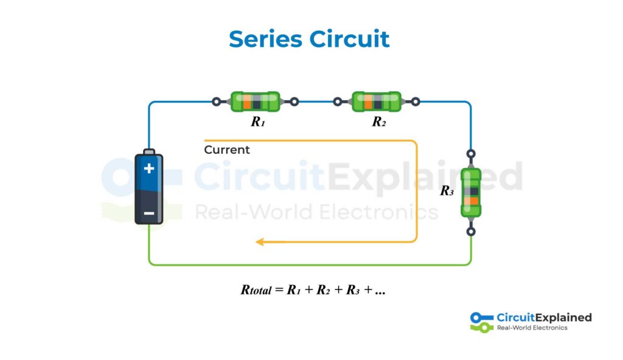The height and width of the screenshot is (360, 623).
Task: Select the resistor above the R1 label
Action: (255, 102)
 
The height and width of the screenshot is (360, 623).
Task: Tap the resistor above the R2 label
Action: (377, 102)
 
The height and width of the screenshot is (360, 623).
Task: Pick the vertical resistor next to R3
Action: (471, 192)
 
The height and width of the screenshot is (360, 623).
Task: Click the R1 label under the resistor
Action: (258, 122)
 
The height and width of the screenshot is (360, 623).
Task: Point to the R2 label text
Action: (379, 122)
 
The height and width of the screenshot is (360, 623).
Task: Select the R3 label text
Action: (447, 191)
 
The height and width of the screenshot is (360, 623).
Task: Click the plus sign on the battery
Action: (149, 168)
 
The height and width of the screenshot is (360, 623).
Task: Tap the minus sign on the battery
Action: (149, 213)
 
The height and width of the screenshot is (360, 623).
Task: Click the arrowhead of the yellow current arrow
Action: (259, 242)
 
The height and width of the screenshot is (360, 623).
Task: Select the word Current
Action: (227, 150)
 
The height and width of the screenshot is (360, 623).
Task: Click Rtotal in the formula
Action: (256, 290)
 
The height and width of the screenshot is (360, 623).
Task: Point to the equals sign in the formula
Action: (280, 290)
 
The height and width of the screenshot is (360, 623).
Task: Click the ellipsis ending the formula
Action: (380, 291)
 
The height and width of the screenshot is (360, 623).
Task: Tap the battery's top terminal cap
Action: (149, 150)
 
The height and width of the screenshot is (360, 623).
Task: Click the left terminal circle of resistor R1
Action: (216, 102)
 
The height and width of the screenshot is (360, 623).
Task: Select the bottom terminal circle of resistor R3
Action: (471, 232)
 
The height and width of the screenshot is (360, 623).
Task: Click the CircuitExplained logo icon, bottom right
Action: (482, 322)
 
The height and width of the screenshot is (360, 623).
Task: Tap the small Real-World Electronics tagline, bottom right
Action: (532, 328)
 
